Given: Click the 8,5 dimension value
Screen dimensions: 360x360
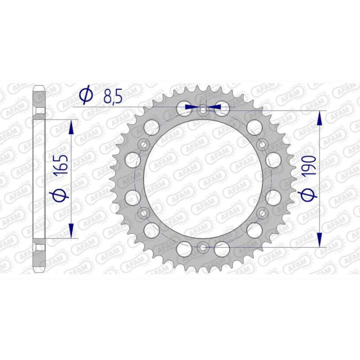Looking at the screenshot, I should pyautogui.click(x=112, y=96).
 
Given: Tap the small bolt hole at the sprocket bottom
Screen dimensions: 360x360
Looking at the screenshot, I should pyautogui.click(x=202, y=246).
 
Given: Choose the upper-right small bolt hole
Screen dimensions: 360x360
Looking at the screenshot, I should pyautogui.click(x=261, y=144).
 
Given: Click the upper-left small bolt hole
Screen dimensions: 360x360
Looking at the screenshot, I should pyautogui.click(x=144, y=144).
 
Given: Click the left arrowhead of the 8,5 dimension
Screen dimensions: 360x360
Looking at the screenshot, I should pyautogui.click(x=189, y=106).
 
